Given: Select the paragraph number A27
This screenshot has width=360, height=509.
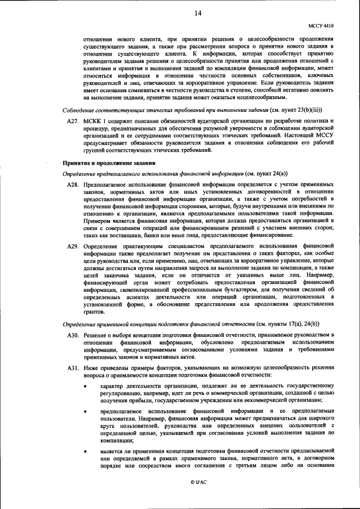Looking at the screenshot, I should coord(73,121).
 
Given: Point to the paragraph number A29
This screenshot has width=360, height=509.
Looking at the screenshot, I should coord(73,246).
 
